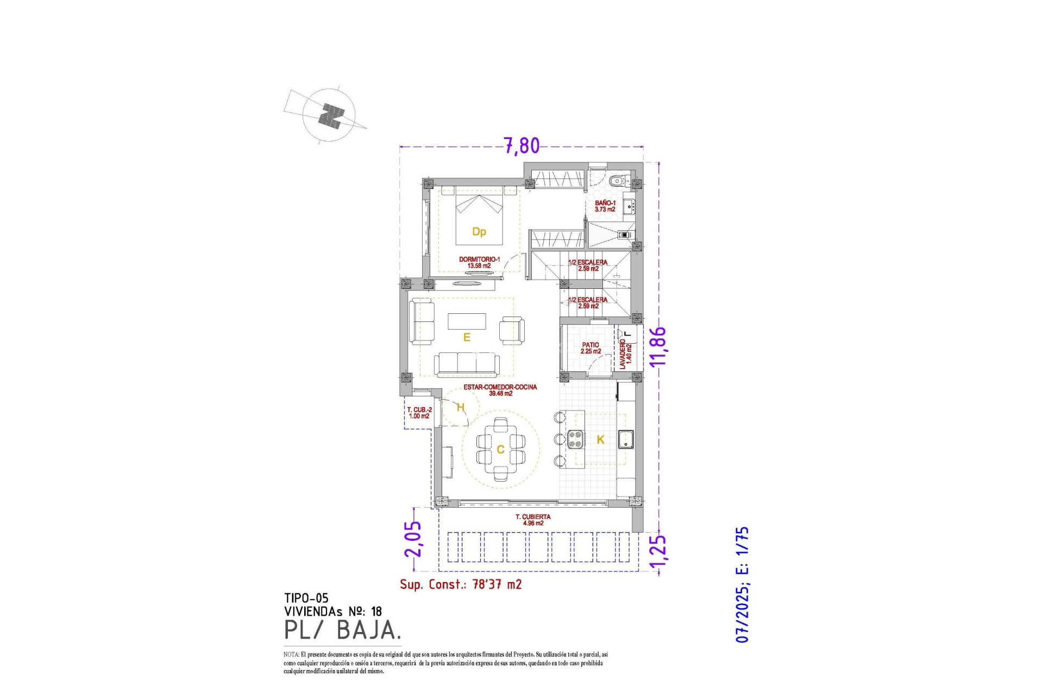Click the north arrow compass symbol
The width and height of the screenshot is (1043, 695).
(x=329, y=115)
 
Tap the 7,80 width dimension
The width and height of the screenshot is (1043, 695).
(x=521, y=146)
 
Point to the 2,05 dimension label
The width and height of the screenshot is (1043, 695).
(x=412, y=539)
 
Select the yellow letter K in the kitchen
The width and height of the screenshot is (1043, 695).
(x=600, y=440)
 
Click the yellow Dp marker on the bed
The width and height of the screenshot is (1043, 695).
(x=479, y=232)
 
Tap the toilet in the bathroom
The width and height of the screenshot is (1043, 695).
(x=617, y=181)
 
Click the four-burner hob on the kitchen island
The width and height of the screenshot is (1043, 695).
(x=576, y=439)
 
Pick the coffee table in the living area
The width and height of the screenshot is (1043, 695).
(x=467, y=321)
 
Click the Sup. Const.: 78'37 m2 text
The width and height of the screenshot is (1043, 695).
(x=461, y=584)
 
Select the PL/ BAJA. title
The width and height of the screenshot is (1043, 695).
(x=343, y=630)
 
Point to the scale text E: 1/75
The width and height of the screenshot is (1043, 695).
(x=742, y=550)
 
